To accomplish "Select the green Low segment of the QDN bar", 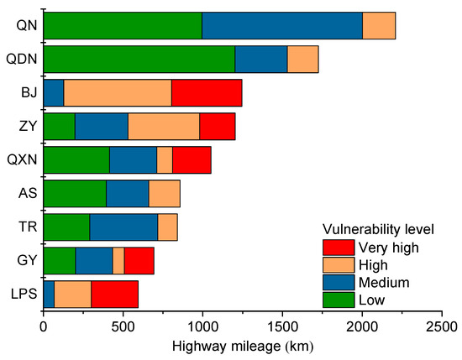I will click(x=139, y=60).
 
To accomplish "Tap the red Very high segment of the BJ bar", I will click(x=207, y=93).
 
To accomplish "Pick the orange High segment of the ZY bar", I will click(x=164, y=127).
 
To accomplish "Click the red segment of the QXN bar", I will click(x=192, y=160).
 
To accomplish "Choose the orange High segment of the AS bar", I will click(x=165, y=194).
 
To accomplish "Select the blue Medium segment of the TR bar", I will click(x=123, y=227).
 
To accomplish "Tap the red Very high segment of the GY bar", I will click(x=139, y=261).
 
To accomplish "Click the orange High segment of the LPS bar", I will click(x=73, y=295).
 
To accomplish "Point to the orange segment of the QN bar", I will click(x=379, y=26).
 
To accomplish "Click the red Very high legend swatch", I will click(x=339, y=247).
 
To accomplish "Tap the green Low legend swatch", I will click(x=339, y=300).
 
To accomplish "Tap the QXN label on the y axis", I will click(x=22, y=160).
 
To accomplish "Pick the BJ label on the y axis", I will click(x=28, y=93).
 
